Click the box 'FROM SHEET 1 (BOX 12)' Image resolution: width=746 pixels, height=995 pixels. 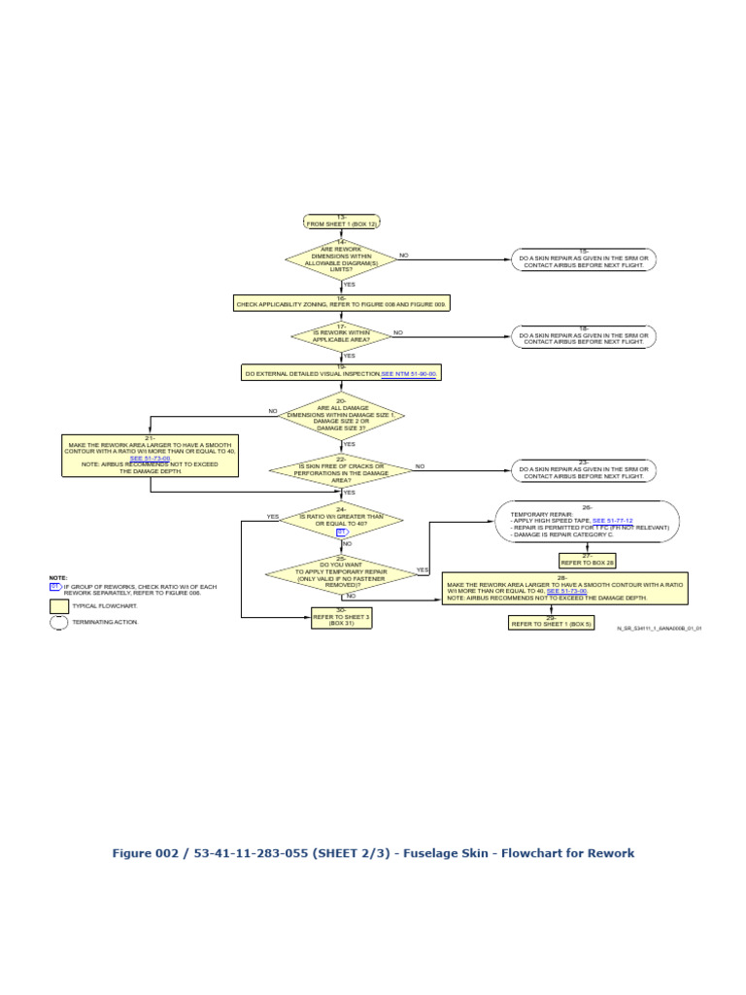pyautogui.click(x=341, y=222)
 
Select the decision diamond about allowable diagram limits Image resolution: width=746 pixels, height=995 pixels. pyautogui.click(x=341, y=259)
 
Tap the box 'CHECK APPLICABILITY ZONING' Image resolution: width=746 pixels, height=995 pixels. pyautogui.click(x=341, y=303)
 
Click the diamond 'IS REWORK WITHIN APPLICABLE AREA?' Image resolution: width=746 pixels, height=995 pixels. pyautogui.click(x=341, y=335)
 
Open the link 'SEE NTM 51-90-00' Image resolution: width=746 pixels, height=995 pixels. pyautogui.click(x=409, y=373)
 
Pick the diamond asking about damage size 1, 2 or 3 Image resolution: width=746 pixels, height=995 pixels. pyautogui.click(x=341, y=416)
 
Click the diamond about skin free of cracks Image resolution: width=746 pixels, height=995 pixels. pyautogui.click(x=341, y=470)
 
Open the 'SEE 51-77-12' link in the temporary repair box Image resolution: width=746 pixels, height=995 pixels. pyautogui.click(x=612, y=521)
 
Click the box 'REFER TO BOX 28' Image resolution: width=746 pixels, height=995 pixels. pyautogui.click(x=587, y=561)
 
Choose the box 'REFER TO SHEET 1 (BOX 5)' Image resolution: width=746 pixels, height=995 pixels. pyautogui.click(x=552, y=622)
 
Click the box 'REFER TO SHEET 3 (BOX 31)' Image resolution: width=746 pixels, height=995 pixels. pyautogui.click(x=341, y=617)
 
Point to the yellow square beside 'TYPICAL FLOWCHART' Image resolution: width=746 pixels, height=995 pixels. pyautogui.click(x=59, y=606)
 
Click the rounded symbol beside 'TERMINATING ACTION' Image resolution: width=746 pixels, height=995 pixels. pyautogui.click(x=59, y=623)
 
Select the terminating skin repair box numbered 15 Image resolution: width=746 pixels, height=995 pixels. pyautogui.click(x=584, y=259)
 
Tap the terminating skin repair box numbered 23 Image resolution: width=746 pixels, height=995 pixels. pyautogui.click(x=584, y=471)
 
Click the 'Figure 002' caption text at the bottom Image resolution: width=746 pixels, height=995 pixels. pyautogui.click(x=373, y=853)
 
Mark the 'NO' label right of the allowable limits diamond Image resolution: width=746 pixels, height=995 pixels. pyautogui.click(x=404, y=256)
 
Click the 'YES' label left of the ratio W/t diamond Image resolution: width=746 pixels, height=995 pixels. pyautogui.click(x=273, y=517)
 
